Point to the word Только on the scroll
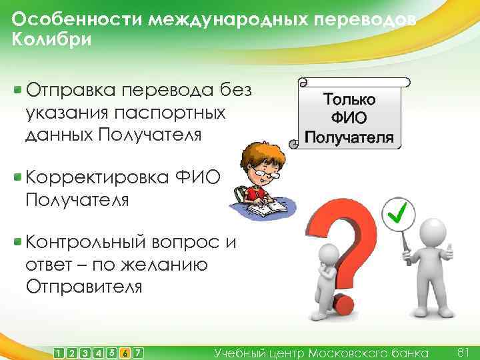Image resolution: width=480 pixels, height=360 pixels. coord(349,99)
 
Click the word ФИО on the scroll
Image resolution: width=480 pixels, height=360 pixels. coord(349,119)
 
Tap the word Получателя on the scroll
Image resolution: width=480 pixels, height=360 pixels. coord(349,138)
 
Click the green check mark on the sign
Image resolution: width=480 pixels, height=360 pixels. coord(399,213)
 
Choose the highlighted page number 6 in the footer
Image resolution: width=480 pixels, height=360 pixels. coord(125,352)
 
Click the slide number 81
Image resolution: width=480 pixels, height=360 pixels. coord(465,351)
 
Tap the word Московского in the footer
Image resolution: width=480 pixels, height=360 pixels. coord(347,352)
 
